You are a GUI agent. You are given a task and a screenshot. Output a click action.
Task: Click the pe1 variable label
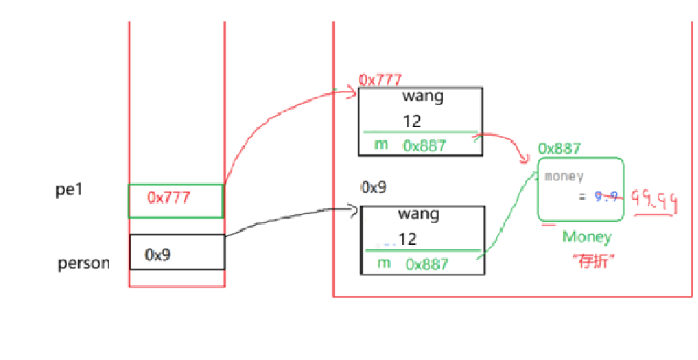[x=69, y=189]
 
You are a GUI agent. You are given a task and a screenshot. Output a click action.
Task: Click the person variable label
[x=83, y=263]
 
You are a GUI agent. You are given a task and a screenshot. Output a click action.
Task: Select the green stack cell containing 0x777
[x=176, y=201]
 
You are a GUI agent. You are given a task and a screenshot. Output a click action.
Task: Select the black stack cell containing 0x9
[x=177, y=252]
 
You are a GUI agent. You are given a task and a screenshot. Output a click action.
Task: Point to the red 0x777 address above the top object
[x=380, y=81]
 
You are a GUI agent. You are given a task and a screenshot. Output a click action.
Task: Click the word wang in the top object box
[x=423, y=96]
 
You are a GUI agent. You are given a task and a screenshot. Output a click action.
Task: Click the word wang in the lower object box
[x=420, y=213]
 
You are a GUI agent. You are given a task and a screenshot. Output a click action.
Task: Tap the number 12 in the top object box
[x=412, y=121]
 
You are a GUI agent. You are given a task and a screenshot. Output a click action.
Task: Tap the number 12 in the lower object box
[x=408, y=239]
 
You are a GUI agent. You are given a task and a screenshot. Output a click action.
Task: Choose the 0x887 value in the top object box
[x=425, y=146]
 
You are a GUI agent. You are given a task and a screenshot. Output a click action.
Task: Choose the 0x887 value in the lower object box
[x=427, y=263]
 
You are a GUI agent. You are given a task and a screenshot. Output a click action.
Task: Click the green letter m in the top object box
[x=380, y=144]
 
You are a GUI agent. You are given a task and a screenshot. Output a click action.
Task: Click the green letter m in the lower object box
[x=383, y=263]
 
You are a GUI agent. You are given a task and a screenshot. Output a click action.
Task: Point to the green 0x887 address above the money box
[x=559, y=148]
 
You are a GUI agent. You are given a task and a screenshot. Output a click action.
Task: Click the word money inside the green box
[x=564, y=176]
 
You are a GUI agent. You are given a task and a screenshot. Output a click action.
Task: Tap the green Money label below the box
[x=586, y=237]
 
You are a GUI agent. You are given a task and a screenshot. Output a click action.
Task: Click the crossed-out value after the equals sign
[x=607, y=197]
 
